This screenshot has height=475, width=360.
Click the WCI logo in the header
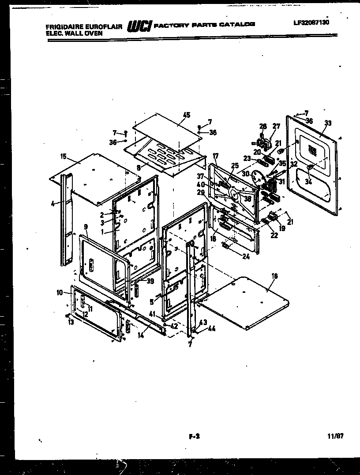(x=139, y=26)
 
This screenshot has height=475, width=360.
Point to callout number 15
(x=64, y=156)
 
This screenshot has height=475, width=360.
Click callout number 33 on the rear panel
(x=328, y=122)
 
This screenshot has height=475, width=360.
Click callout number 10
(x=60, y=292)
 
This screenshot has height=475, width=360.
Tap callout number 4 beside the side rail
(x=53, y=204)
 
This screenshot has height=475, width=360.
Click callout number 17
(x=216, y=156)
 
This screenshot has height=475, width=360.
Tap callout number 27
(x=276, y=126)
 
